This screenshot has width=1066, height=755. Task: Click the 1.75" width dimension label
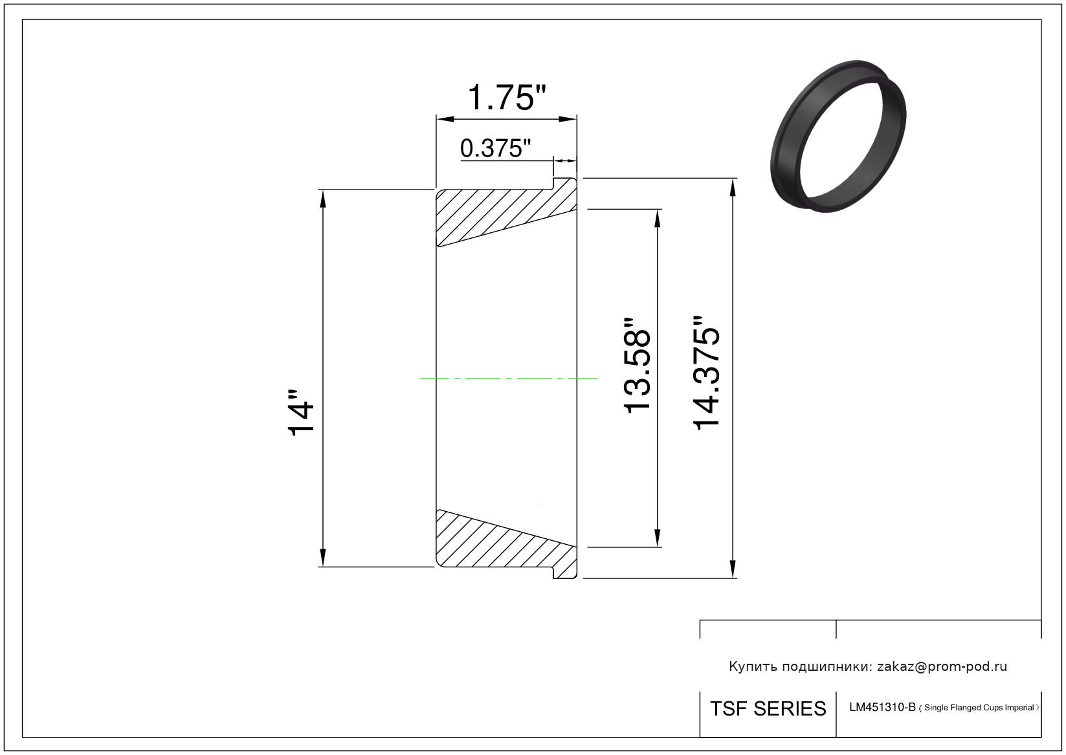(x=507, y=98)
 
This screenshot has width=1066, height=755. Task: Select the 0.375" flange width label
(x=495, y=148)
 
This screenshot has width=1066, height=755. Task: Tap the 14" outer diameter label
(x=301, y=413)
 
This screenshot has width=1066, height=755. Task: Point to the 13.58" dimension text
(x=637, y=366)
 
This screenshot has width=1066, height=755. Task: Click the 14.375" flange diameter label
(x=707, y=373)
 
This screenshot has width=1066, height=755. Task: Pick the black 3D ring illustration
(x=838, y=136)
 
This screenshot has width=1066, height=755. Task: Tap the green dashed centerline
(x=508, y=378)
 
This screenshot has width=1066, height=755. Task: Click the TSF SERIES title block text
(x=768, y=709)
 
